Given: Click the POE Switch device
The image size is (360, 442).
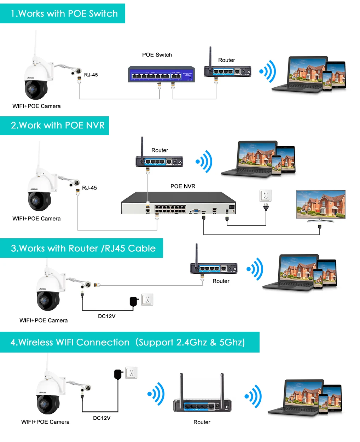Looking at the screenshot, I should [x=161, y=74].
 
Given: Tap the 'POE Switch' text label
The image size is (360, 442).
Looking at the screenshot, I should [x=157, y=55].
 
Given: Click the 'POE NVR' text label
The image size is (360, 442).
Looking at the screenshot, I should [x=182, y=186].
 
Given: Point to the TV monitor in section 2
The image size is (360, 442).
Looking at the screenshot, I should [x=320, y=205].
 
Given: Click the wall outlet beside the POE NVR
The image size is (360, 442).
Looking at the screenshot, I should [x=266, y=196].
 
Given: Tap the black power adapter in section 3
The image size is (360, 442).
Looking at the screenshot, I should [x=134, y=301].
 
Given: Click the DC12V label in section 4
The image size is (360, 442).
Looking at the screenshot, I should [x=102, y=418].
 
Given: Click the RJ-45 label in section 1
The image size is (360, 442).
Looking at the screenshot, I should [x=91, y=75].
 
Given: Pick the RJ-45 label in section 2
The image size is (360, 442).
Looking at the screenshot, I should [x=89, y=188].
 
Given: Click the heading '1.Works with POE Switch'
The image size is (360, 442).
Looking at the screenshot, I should [x=64, y=13].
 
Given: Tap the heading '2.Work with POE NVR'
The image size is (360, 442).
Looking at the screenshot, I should [x=58, y=126].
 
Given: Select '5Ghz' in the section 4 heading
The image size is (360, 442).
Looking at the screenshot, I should [x=232, y=342].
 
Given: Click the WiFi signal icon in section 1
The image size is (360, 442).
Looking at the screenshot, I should [x=268, y=71].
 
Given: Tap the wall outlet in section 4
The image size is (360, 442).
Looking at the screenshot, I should [x=131, y=373].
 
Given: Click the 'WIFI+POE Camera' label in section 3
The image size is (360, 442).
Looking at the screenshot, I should [x=43, y=320].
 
